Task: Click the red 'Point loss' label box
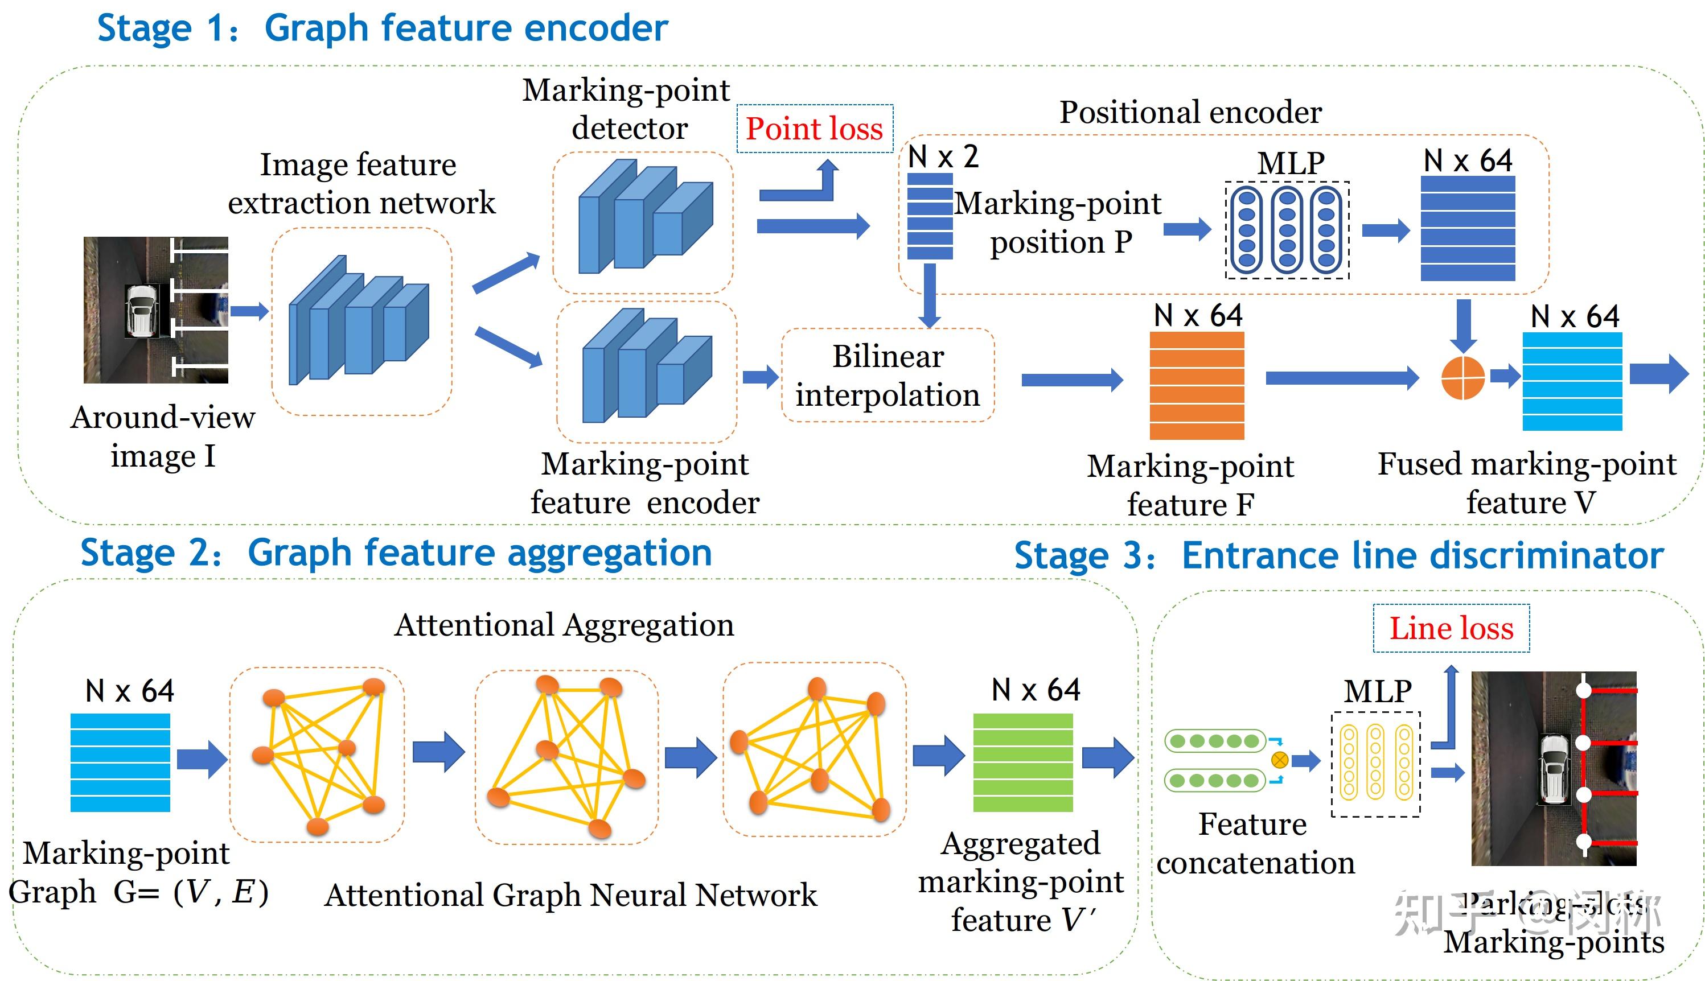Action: point(814,128)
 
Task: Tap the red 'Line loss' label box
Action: point(1451,628)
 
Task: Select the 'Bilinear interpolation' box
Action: point(888,376)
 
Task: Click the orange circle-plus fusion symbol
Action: point(1462,377)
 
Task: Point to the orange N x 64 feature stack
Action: point(1196,385)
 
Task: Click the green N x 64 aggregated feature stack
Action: point(1022,762)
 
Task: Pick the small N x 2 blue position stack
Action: point(930,216)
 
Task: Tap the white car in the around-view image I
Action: point(142,310)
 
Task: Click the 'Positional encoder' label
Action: point(1190,112)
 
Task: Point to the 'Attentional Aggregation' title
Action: point(564,625)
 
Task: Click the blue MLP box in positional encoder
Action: point(1287,230)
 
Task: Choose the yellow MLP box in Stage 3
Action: point(1375,764)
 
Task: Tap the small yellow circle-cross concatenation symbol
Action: point(1279,760)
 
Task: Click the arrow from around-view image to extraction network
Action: point(249,311)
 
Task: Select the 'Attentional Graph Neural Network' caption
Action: point(570,895)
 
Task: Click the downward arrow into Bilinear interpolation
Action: point(930,295)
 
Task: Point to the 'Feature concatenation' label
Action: point(1255,843)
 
